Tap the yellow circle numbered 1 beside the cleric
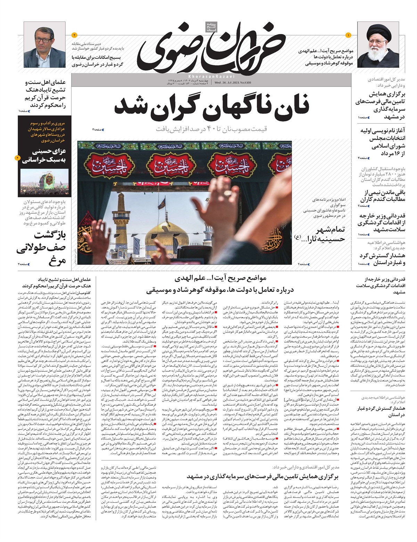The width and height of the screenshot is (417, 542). click(349, 35)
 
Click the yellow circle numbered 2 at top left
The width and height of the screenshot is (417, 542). click(74, 35)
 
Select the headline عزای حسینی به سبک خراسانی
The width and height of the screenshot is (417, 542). click(44, 156)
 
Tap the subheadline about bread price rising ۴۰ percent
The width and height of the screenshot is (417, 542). click(211, 129)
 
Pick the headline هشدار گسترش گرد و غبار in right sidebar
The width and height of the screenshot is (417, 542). click(382, 259)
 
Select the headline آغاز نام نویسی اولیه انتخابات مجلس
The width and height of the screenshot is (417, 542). click(382, 142)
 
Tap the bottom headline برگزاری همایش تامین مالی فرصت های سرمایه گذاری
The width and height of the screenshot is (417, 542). click(262, 476)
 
